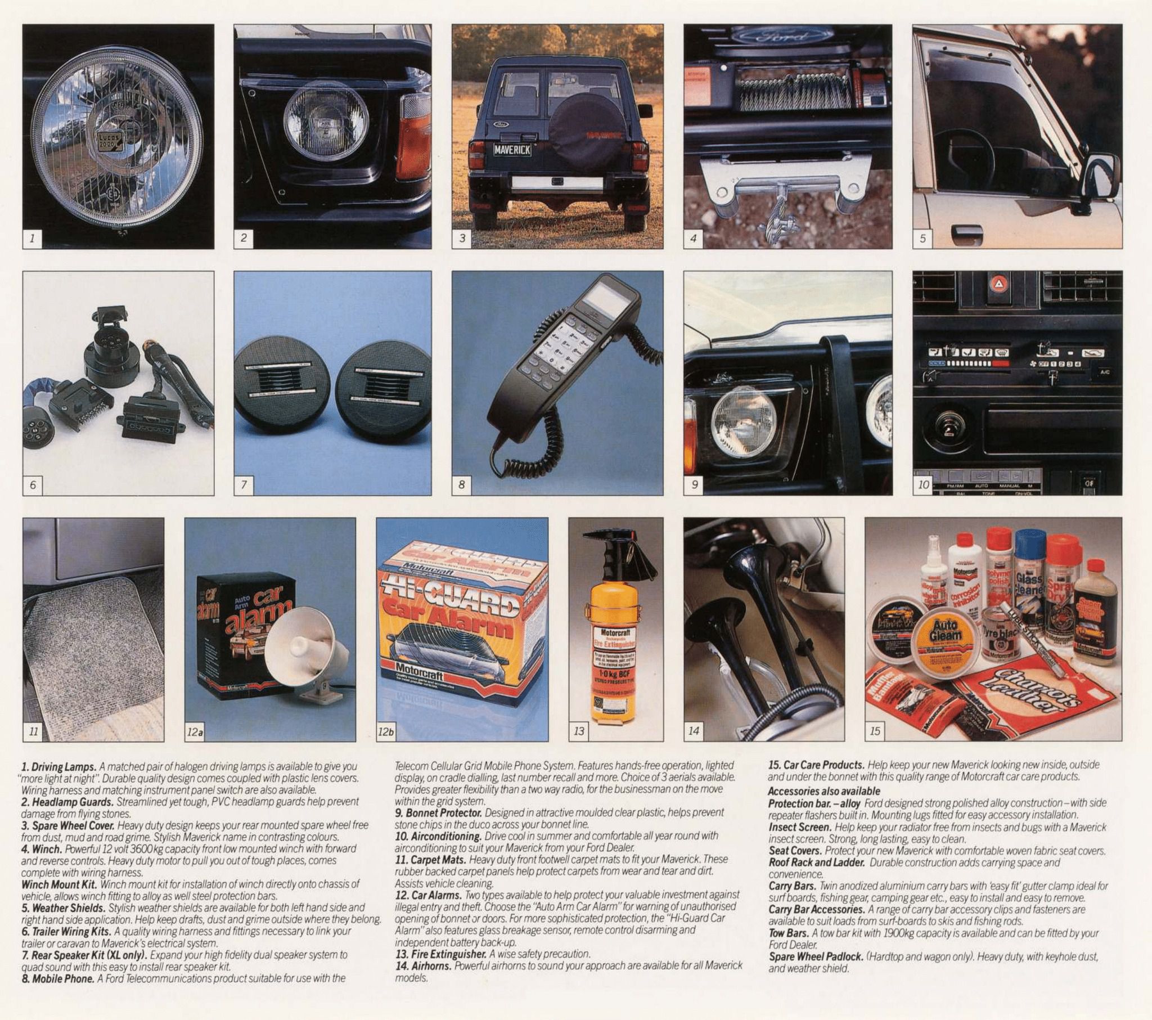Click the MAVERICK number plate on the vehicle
tap(512, 150)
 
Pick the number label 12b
tap(386, 732)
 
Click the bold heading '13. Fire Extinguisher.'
tap(441, 954)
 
